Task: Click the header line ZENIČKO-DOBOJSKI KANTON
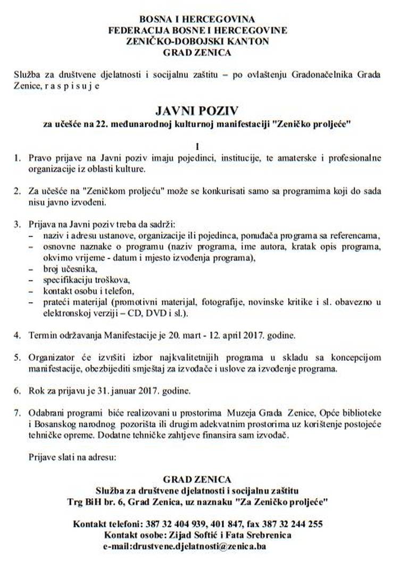(197, 40)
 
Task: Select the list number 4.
(18, 336)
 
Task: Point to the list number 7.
(18, 413)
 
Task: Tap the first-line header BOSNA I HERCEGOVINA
(197, 19)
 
